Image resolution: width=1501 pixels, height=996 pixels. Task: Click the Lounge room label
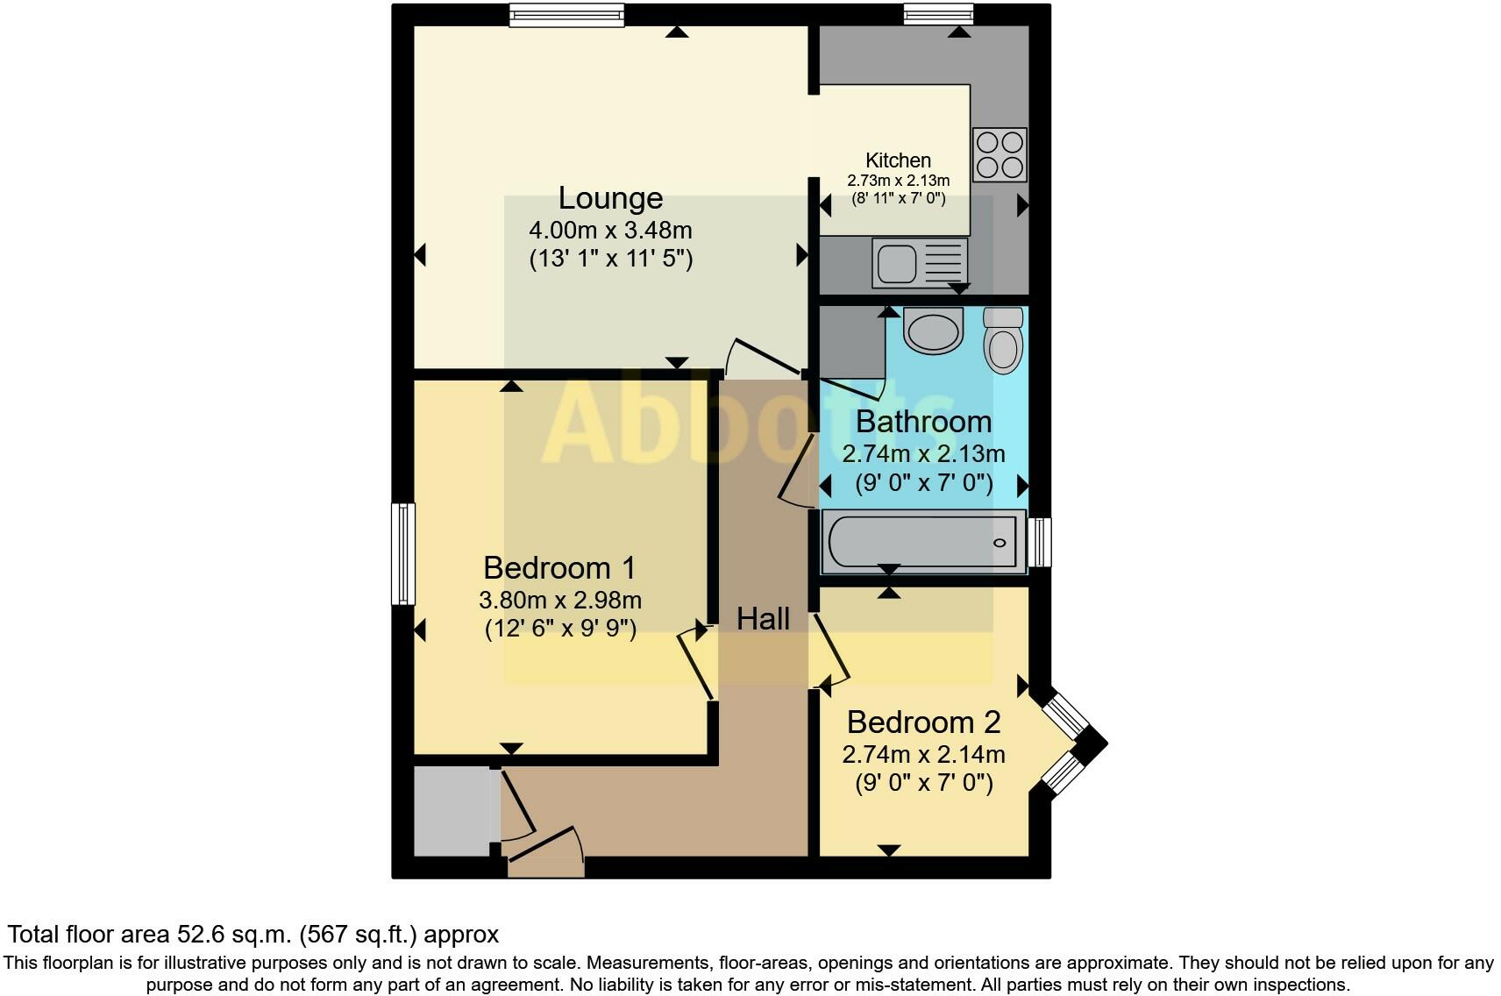[610, 198]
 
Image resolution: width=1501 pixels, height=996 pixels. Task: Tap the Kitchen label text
[898, 160]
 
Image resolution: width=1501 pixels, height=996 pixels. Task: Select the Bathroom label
[923, 422]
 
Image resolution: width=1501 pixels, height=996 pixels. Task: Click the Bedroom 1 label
[559, 568]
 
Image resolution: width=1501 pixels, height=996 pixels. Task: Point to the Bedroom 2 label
[923, 722]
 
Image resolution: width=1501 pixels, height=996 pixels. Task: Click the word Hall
[763, 619]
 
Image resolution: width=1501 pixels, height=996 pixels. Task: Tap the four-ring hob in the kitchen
[999, 155]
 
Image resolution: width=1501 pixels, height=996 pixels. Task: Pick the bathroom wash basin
[933, 331]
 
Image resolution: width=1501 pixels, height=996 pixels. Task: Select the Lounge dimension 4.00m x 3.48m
[610, 231]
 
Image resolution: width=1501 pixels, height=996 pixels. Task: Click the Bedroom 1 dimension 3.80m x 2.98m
[559, 601]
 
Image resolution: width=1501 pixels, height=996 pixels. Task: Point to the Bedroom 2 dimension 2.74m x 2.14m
[923, 754]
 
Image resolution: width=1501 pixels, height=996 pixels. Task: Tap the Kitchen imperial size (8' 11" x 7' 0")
[898, 198]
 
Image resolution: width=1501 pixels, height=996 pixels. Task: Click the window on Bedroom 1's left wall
[402, 553]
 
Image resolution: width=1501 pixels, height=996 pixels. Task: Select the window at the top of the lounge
[566, 15]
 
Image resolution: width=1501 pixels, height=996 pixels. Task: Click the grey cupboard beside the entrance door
[452, 811]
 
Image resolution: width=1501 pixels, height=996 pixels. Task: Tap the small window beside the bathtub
[1040, 542]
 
